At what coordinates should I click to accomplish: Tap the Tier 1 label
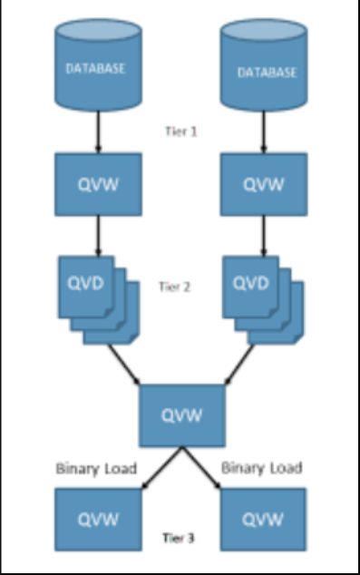pos(181,131)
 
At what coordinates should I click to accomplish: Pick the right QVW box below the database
pos(266,186)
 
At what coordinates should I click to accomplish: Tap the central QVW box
pos(180,415)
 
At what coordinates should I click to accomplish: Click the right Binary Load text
pos(262,468)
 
